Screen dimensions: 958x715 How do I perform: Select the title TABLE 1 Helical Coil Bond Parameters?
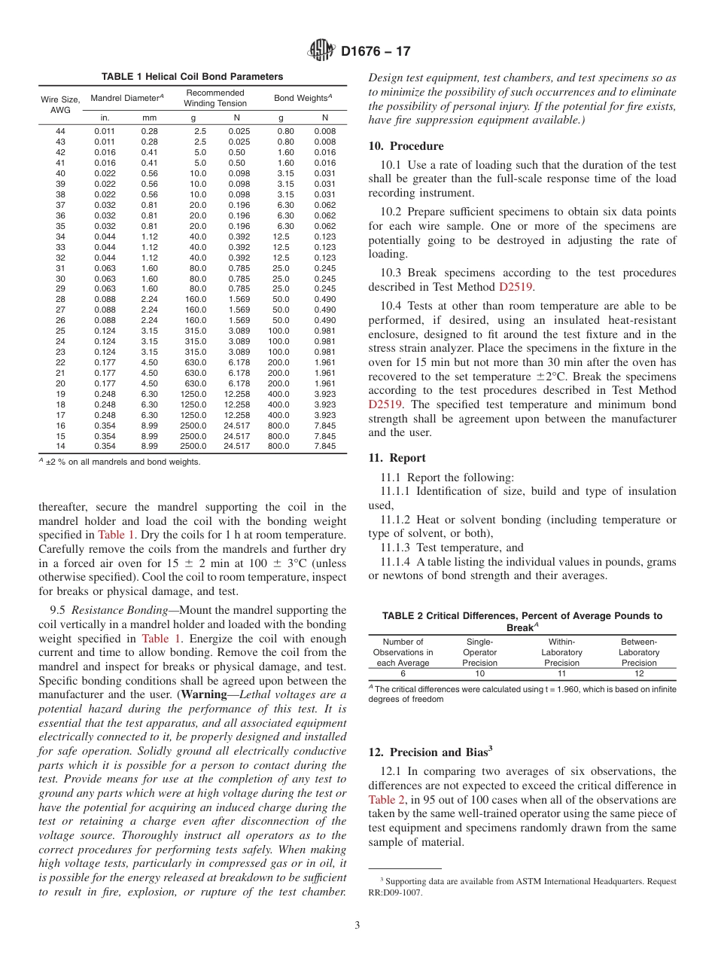click(193, 77)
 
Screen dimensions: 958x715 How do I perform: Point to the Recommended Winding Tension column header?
click(215, 98)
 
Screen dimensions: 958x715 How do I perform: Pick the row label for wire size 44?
click(60, 131)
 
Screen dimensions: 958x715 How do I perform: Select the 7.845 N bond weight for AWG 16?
click(325, 425)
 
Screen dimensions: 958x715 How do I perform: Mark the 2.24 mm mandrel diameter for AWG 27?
click(149, 309)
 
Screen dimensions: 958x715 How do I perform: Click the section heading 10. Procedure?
click(406, 146)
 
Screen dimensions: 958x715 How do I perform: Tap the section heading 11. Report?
click(397, 458)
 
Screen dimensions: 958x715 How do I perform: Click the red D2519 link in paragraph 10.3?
click(513, 287)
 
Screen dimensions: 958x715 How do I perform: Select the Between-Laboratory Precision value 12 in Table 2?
click(639, 673)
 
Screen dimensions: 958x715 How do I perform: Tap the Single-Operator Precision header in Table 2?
click(479, 652)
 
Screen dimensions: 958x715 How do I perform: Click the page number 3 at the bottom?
click(357, 925)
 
